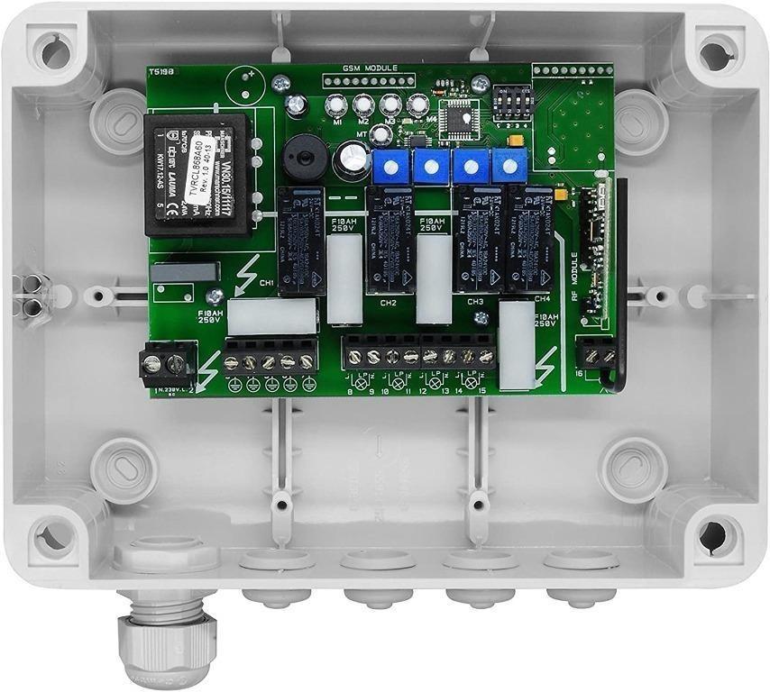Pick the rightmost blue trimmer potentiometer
pos(509,164)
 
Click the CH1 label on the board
pos(268,283)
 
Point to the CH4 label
pos(541,297)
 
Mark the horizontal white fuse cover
pos(271,316)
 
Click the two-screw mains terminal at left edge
pos(167,364)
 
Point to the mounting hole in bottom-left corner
pos(51,538)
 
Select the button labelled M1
pos(337,105)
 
